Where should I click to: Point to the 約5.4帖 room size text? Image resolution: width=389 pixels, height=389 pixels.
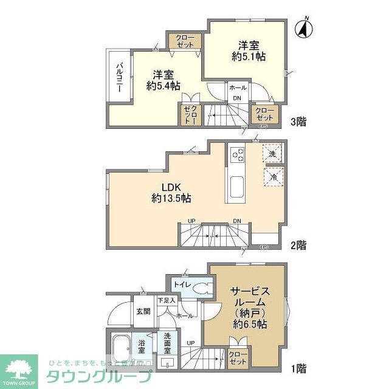[163, 86]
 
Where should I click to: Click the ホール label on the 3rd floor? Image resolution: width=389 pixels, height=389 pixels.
[237, 88]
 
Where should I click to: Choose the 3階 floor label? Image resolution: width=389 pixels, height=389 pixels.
[298, 122]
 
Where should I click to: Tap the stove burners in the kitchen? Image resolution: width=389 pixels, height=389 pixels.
[236, 156]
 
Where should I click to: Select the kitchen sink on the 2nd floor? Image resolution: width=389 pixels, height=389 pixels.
[236, 187]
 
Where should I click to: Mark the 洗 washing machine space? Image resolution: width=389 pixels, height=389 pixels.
[272, 154]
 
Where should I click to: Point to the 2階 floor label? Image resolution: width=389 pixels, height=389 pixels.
[298, 246]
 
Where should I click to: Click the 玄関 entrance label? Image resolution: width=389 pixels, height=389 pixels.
[143, 311]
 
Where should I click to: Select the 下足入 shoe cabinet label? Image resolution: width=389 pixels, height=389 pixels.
[166, 300]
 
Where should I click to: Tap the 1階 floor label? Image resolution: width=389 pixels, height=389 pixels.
[298, 368]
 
